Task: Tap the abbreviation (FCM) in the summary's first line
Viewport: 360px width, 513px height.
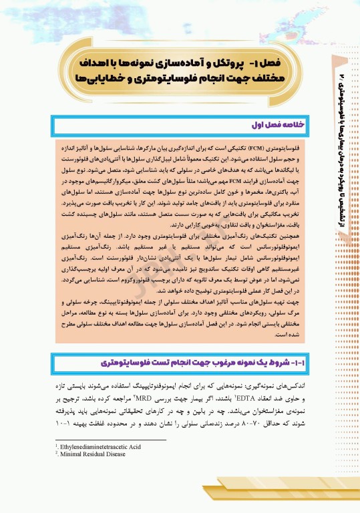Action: pyautogui.click(x=262, y=145)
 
